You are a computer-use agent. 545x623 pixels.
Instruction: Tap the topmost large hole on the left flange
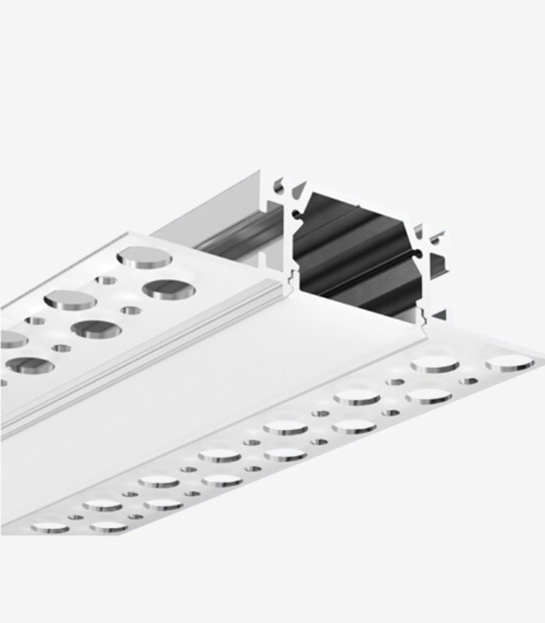[145, 257]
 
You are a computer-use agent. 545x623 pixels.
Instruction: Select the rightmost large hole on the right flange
[510, 363]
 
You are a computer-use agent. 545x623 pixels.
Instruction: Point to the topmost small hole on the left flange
[106, 280]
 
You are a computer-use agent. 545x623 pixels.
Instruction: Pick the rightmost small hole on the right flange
[469, 381]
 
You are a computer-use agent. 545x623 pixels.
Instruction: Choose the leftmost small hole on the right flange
[76, 516]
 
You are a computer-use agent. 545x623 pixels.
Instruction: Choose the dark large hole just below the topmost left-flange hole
[168, 289]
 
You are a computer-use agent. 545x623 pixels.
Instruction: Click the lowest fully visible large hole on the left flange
[30, 364]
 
